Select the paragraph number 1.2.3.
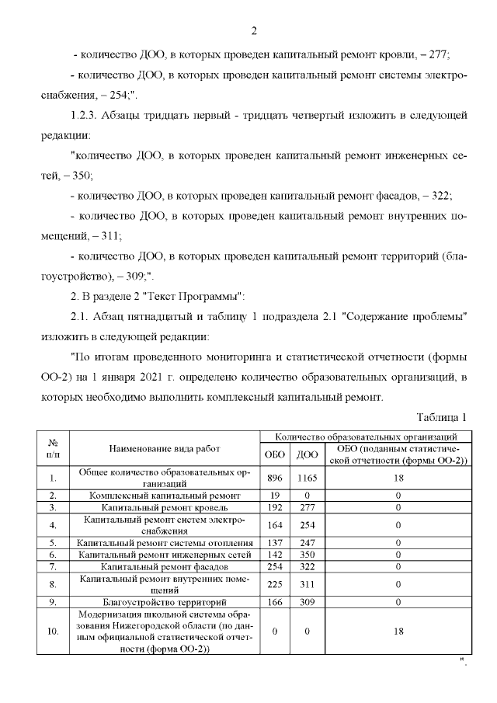pyautogui.click(x=86, y=116)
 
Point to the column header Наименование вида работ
pyautogui.click(x=164, y=448)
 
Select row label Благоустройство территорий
pyautogui.click(x=164, y=602)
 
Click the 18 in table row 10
pyautogui.click(x=398, y=632)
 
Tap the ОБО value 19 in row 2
pyautogui.click(x=274, y=495)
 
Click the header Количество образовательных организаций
pyautogui.click(x=365, y=437)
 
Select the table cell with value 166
pyautogui.click(x=274, y=602)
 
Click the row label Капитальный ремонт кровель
pyautogui.click(x=164, y=507)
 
